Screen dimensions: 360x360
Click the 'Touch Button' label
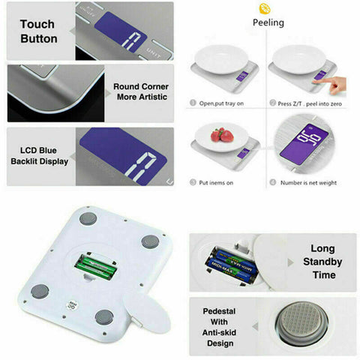click(x=38, y=31)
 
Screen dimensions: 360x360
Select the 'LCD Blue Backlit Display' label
click(x=39, y=155)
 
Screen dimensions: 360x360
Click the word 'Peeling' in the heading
click(x=268, y=22)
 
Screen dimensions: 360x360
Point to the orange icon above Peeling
click(x=264, y=8)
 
